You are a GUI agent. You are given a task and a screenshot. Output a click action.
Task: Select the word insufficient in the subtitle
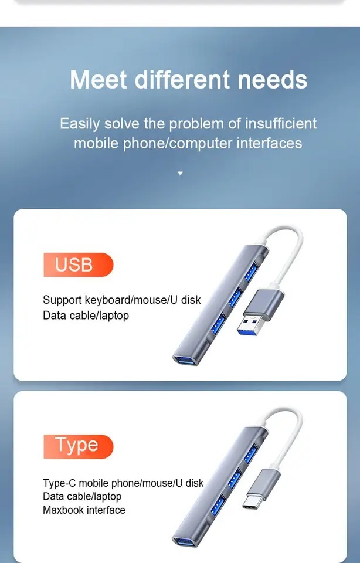pyautogui.click(x=281, y=124)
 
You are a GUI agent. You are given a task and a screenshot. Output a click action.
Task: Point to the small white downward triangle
pyautogui.click(x=180, y=173)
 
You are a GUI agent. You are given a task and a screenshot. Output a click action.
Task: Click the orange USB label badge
pyautogui.click(x=77, y=264)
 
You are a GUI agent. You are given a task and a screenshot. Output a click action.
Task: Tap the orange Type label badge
pyautogui.click(x=77, y=446)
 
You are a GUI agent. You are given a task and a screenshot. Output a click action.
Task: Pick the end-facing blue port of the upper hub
pyautogui.click(x=186, y=359)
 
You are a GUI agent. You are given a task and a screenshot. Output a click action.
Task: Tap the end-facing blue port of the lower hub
pyautogui.click(x=186, y=540)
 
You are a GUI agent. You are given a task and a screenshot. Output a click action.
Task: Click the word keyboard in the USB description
pyautogui.click(x=106, y=300)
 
